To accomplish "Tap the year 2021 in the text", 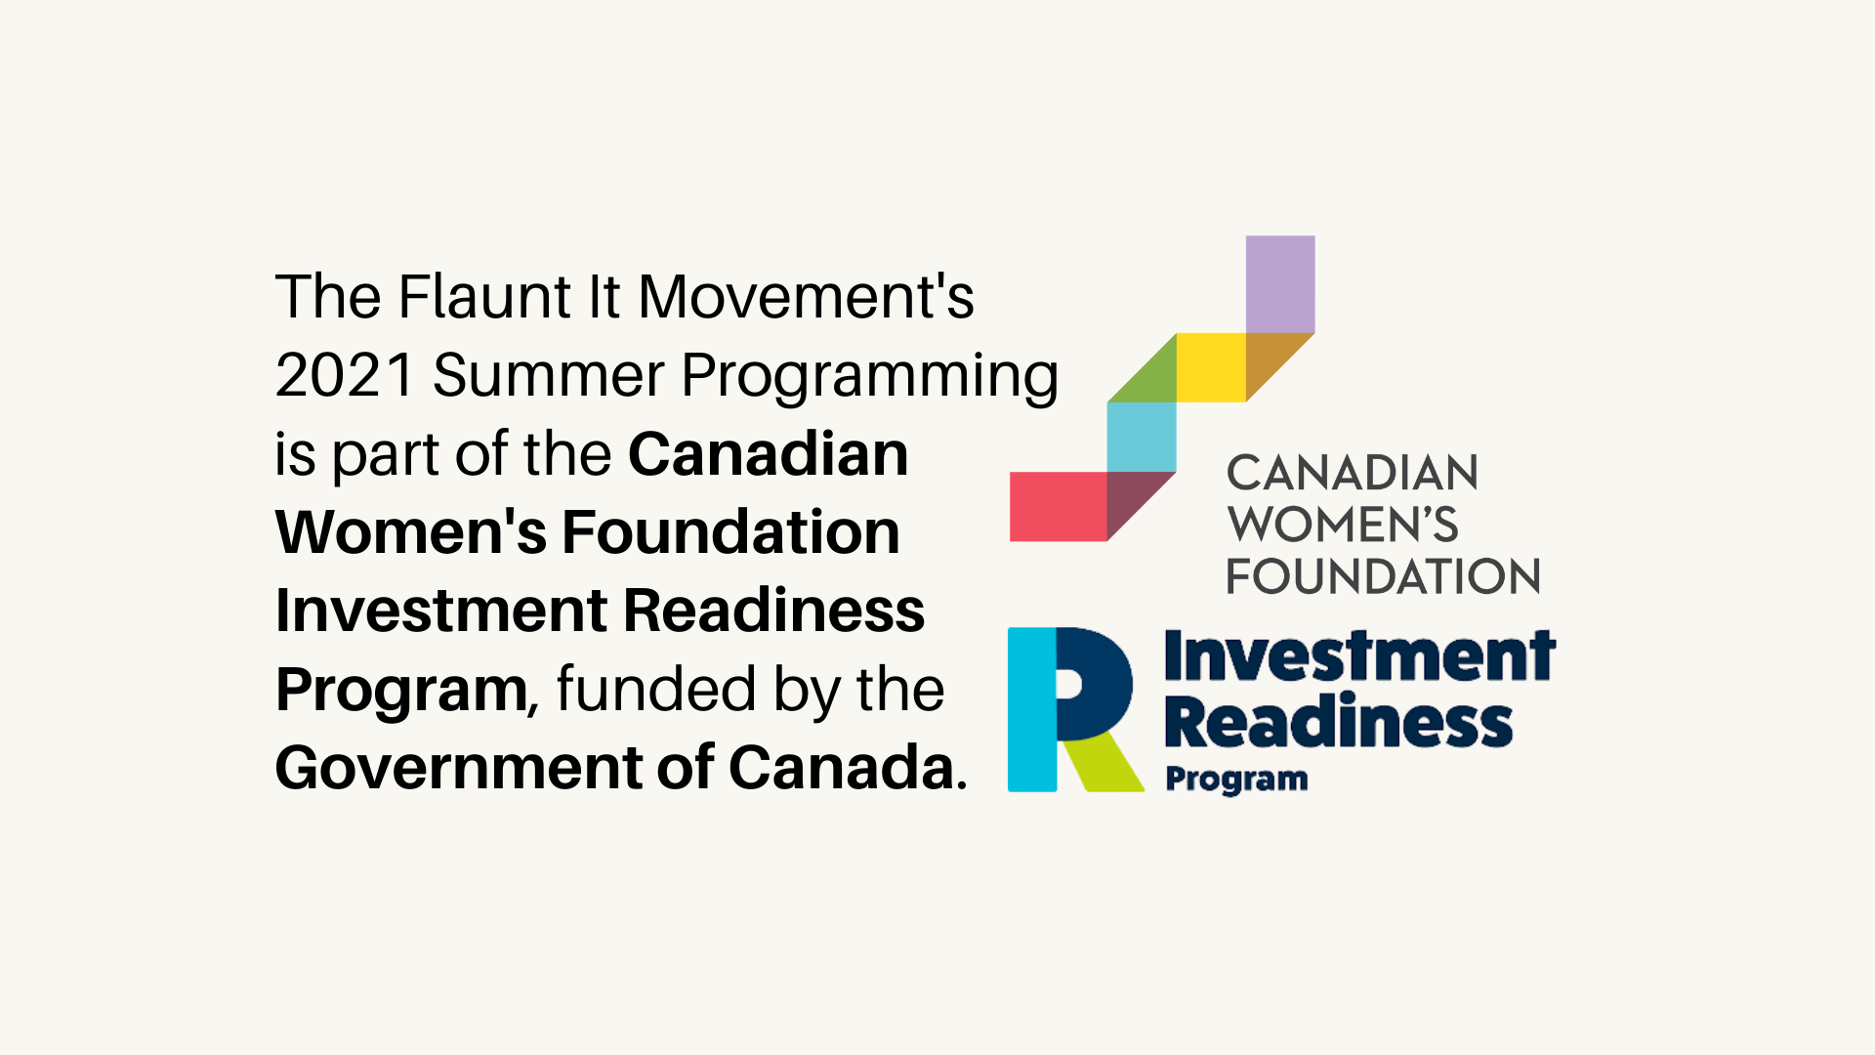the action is tap(346, 375).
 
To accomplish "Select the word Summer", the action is tap(548, 375).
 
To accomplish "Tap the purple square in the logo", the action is tap(1280, 284).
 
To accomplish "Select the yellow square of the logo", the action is tap(1211, 367).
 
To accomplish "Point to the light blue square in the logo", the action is tap(1142, 437).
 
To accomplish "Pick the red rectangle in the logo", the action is tap(1059, 506).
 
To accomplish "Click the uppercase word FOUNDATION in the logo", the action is tap(1383, 576).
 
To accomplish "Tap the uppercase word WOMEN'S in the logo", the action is tap(1343, 525).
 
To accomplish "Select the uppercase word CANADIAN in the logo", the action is tap(1353, 474).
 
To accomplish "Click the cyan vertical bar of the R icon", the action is tap(1032, 709).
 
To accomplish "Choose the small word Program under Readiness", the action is tap(1236, 780).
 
